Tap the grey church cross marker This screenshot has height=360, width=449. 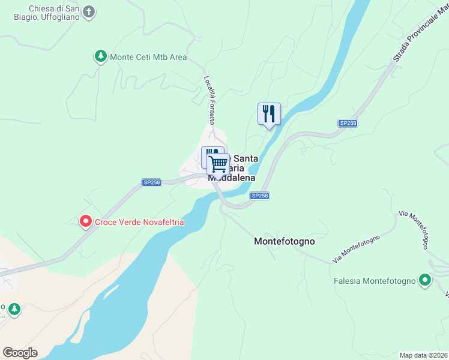click(89, 12)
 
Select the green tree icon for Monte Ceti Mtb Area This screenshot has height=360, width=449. click(100, 57)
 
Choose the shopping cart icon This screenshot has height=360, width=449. click(219, 163)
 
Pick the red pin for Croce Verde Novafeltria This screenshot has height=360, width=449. click(85, 222)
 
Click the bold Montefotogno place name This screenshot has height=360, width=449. click(285, 241)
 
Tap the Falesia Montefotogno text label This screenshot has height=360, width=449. click(375, 281)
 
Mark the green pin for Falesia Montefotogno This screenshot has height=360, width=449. click(426, 280)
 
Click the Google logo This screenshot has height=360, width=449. click(20, 352)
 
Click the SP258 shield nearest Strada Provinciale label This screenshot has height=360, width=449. click(348, 123)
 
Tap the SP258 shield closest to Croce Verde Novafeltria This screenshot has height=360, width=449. click(152, 182)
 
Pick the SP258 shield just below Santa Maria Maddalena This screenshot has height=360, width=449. click(259, 196)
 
